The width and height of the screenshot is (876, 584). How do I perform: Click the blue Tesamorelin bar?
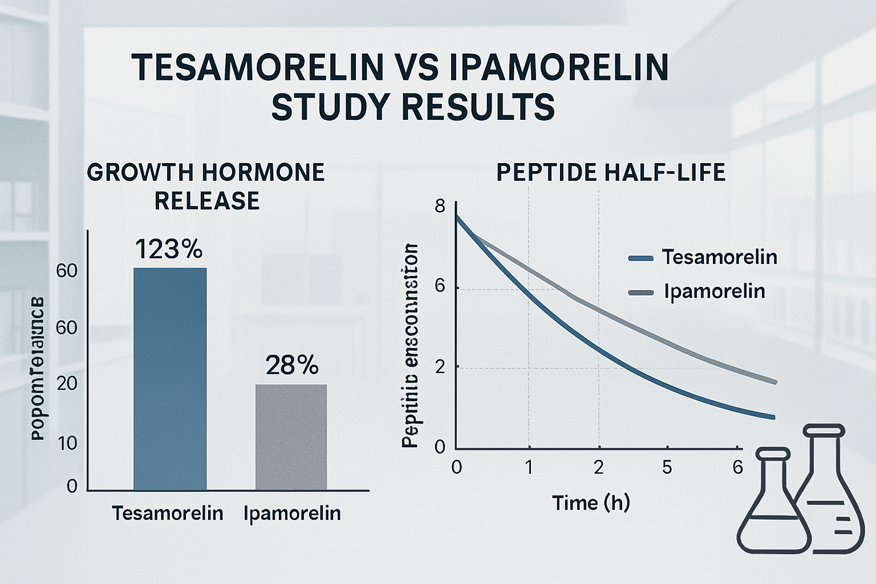tap(170, 379)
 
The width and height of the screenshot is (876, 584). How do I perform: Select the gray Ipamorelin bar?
tap(291, 437)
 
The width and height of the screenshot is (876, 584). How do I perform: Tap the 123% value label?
tap(169, 250)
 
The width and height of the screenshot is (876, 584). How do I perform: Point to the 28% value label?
tap(291, 365)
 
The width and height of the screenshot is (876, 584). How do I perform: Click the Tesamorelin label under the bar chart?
tap(167, 513)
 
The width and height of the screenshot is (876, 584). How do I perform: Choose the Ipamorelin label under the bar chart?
tap(292, 513)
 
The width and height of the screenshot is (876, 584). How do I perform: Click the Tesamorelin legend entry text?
tap(719, 257)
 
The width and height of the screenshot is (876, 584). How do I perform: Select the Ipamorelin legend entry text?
tap(714, 291)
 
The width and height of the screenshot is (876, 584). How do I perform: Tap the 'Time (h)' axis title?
tap(591, 503)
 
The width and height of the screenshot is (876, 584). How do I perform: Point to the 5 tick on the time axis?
tap(667, 468)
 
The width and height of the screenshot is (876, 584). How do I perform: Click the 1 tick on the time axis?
tap(529, 468)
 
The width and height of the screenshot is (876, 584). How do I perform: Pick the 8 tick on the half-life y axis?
tap(440, 206)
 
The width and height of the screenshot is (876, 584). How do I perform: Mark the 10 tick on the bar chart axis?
tap(67, 443)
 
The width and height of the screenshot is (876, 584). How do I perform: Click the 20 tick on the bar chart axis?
tap(67, 383)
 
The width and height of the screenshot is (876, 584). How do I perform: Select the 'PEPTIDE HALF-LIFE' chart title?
tap(611, 172)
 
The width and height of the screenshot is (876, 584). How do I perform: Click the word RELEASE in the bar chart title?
tap(207, 201)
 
